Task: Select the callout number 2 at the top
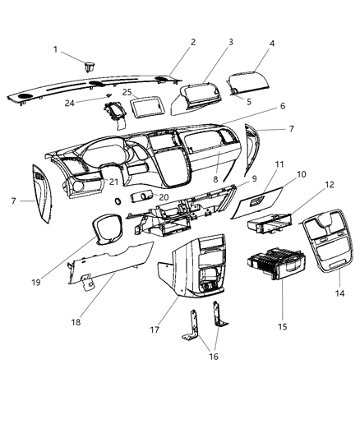[192, 42]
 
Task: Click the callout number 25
[128, 92]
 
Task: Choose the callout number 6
[259, 106]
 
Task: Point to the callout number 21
[114, 181]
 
